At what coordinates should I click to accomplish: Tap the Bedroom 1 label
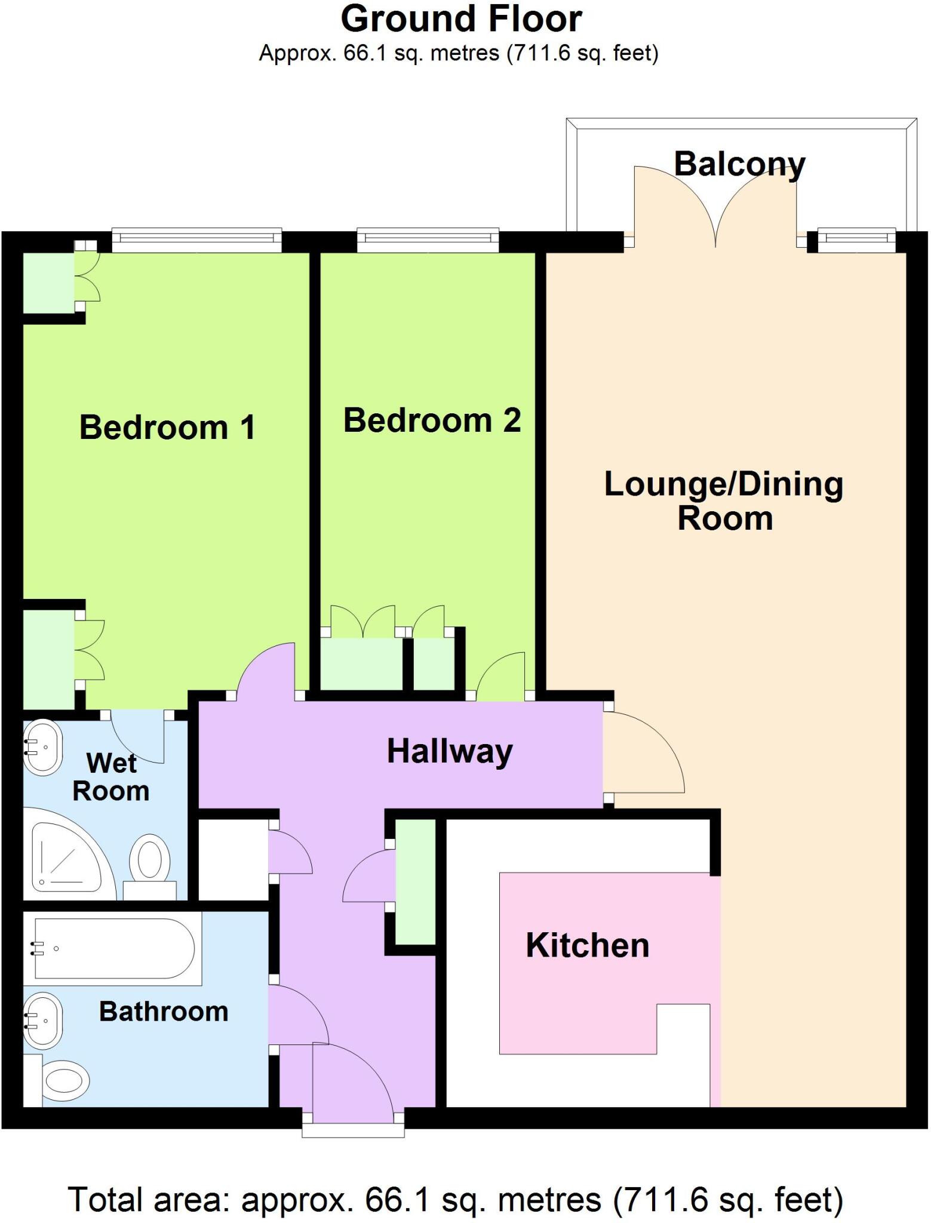point(167,428)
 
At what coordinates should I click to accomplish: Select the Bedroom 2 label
point(432,420)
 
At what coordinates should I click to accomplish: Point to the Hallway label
point(450,751)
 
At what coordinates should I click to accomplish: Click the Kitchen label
point(587,945)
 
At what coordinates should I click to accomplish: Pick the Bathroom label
point(164,1012)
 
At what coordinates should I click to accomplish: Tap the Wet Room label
point(111,777)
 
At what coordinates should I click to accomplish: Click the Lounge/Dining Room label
point(724,500)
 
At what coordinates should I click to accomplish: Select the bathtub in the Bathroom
point(113,948)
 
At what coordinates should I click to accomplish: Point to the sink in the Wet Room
point(42,747)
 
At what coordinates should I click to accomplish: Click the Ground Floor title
point(461,19)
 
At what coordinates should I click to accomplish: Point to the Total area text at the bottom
point(455,1199)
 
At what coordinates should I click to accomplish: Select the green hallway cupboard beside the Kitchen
point(416,881)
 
